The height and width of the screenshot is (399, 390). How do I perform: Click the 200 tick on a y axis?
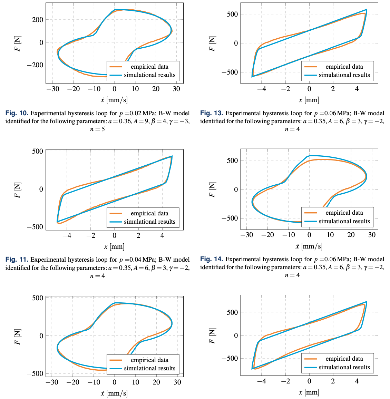[x=38, y=20]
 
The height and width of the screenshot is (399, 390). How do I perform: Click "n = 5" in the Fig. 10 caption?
[x=97, y=129]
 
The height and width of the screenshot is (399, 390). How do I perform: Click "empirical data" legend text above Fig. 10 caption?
[x=149, y=67]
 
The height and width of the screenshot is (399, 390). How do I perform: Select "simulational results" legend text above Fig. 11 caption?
[x=149, y=222]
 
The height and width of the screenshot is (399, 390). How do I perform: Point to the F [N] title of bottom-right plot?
[x=212, y=335]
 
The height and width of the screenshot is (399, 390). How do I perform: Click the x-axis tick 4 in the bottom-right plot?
[x=357, y=381]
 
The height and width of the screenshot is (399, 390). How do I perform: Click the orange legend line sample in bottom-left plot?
[x=116, y=360]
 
